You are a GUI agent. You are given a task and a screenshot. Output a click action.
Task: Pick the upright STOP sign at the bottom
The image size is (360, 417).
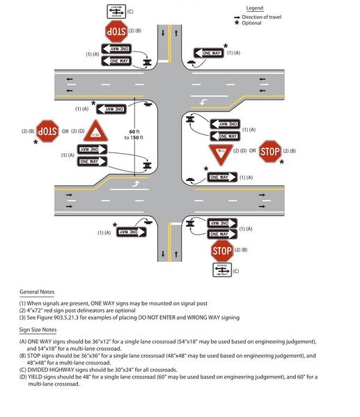pos(221,251)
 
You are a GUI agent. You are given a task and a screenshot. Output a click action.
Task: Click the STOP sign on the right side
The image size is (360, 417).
pos(270,150)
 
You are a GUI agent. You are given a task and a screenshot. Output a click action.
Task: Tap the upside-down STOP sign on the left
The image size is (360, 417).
pos(47,130)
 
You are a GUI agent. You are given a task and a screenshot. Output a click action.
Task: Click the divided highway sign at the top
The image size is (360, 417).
pos(116,10)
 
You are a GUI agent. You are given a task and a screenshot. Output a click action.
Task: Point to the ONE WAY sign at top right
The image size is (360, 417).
pos(209,53)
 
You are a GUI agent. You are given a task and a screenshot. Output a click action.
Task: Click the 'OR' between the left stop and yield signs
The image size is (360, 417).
pos(65,131)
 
